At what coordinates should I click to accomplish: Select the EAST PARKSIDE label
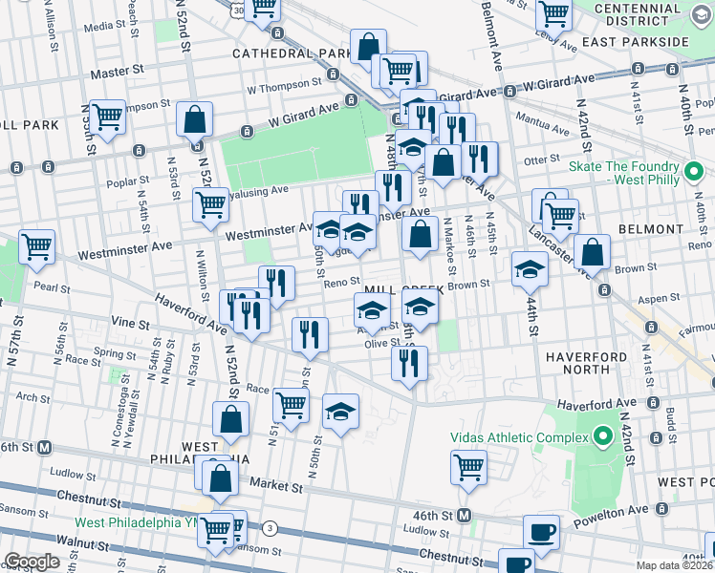[647, 42]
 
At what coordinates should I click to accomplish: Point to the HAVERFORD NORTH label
[590, 362]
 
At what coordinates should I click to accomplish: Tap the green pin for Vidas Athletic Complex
[602, 438]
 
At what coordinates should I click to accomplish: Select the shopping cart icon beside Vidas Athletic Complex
[468, 467]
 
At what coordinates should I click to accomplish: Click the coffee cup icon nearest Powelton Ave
[541, 531]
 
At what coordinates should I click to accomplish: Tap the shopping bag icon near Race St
[231, 417]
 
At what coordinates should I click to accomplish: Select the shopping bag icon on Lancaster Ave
[593, 251]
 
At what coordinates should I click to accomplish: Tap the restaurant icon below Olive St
[409, 362]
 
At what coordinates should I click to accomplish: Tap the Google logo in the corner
[32, 562]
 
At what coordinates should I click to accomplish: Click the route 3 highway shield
[271, 527]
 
